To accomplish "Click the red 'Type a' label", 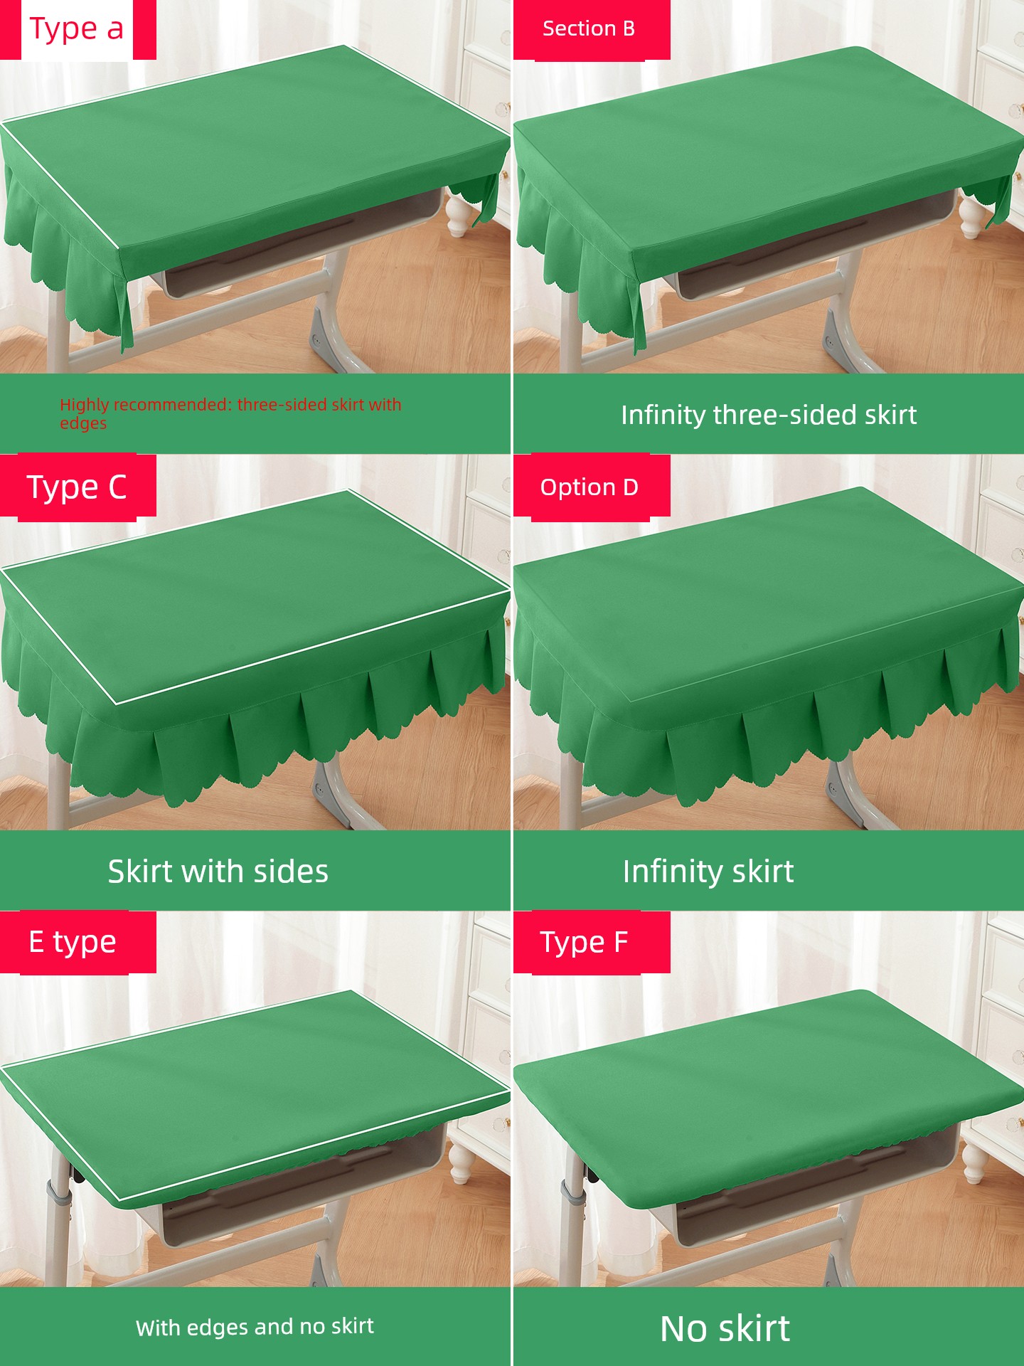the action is pos(77,29).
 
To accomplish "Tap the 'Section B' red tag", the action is pos(591,29).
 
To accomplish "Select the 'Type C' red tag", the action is pos(77,487).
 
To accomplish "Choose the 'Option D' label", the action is pos(591,487).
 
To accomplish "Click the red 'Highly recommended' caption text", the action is pos(230,413).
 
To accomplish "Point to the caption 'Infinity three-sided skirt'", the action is pos(769,415).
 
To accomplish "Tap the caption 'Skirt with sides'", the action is pos(218,872).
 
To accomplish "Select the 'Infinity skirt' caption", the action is pos(708,872).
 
